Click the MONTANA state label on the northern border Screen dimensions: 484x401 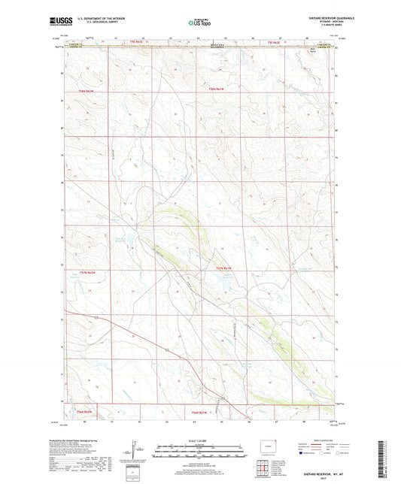tap(199, 44)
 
